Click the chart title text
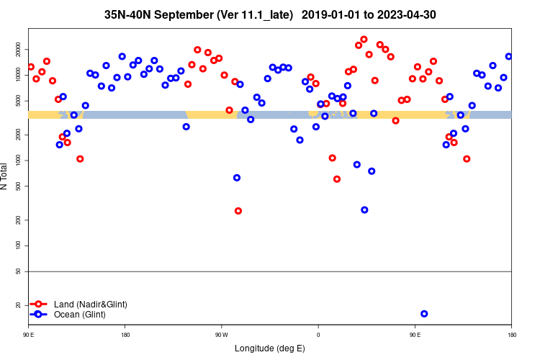[270, 14]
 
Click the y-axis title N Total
[5, 176]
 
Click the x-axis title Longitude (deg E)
[270, 348]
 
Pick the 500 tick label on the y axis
[22, 186]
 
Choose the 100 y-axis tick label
[22, 246]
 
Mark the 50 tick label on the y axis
[22, 271]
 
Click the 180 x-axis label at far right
[511, 336]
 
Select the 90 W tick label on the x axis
[222, 336]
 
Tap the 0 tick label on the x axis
[318, 336]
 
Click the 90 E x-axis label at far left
[29, 336]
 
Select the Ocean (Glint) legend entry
[79, 315]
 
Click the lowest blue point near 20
[424, 314]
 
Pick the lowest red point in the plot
[238, 211]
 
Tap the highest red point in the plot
[364, 40]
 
